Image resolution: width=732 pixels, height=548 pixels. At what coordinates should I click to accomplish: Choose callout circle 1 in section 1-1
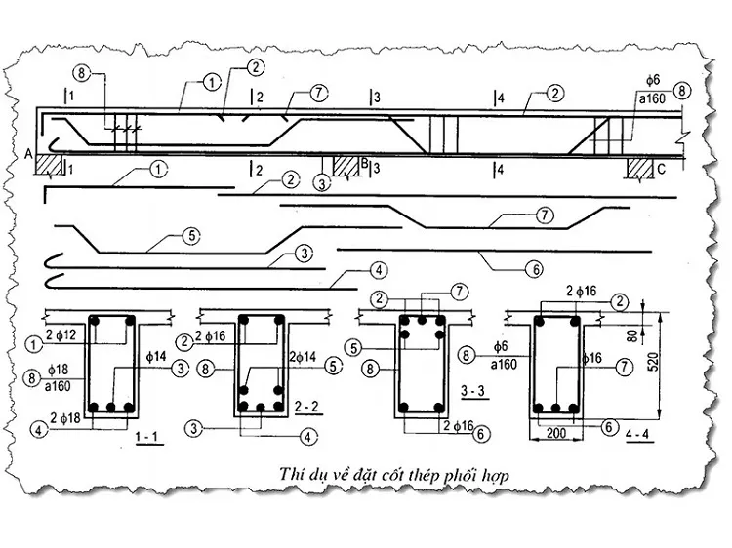point(37,341)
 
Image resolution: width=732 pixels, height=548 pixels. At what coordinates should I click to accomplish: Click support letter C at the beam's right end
point(661,167)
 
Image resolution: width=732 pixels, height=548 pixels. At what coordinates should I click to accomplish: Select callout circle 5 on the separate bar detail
point(190,235)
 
